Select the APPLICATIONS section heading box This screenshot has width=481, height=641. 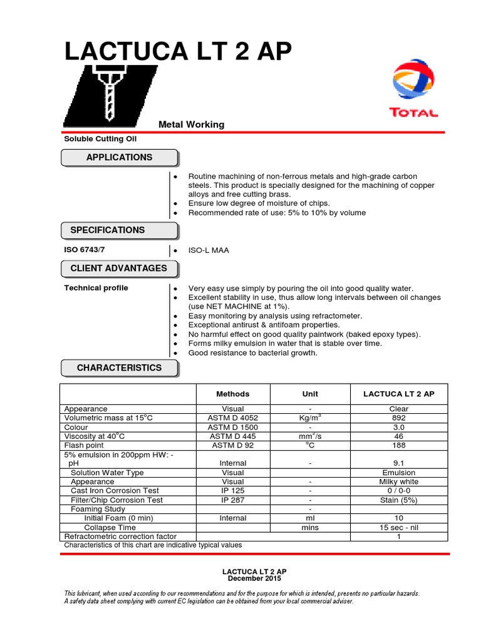119,158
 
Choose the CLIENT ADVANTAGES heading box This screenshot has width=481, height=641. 118,269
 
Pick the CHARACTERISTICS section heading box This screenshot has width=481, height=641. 119,368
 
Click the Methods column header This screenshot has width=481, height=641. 233,394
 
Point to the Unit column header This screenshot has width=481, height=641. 310,394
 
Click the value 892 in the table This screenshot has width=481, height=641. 399,418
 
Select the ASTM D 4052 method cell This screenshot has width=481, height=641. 233,418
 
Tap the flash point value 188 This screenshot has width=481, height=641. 399,445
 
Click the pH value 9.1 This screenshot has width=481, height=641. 399,463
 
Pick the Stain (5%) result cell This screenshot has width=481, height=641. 399,500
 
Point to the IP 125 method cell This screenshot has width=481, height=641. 233,491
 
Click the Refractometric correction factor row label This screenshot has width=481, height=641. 121,536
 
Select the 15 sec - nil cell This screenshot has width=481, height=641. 399,528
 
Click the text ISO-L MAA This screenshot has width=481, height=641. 209,250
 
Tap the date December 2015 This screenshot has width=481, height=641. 255,579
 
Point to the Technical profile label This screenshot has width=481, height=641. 96,288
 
